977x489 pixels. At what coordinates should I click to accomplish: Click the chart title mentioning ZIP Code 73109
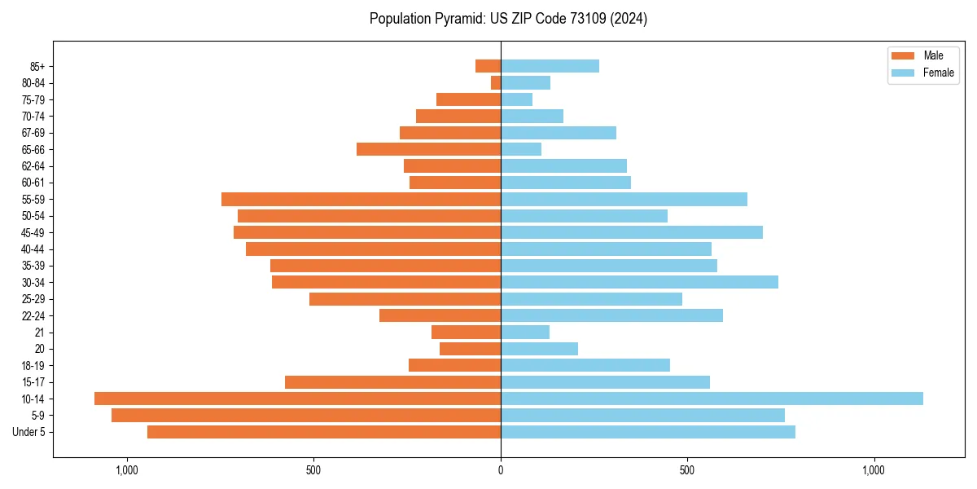click(x=508, y=19)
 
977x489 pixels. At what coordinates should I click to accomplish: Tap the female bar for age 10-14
click(x=712, y=399)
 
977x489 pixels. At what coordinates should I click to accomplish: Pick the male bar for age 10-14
click(x=297, y=399)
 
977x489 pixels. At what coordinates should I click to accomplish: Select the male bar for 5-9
click(x=306, y=415)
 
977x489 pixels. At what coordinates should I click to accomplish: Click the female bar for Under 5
click(x=648, y=432)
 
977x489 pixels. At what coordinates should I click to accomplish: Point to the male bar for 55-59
click(x=361, y=199)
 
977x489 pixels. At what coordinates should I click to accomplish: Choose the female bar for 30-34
click(x=639, y=282)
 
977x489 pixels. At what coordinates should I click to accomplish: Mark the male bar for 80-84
click(x=496, y=82)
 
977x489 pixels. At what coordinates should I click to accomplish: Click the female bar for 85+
click(x=550, y=66)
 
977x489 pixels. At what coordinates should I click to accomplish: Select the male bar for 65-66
click(x=428, y=149)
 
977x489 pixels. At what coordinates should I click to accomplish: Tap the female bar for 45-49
click(x=632, y=232)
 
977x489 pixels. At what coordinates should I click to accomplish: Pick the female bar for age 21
click(x=525, y=332)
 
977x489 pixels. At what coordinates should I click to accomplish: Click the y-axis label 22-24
click(x=33, y=315)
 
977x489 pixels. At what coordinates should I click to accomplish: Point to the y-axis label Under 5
click(x=29, y=432)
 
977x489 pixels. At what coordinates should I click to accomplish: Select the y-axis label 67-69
click(x=33, y=133)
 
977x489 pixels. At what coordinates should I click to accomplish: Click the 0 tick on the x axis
click(x=501, y=470)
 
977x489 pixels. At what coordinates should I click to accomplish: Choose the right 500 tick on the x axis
click(x=687, y=470)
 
